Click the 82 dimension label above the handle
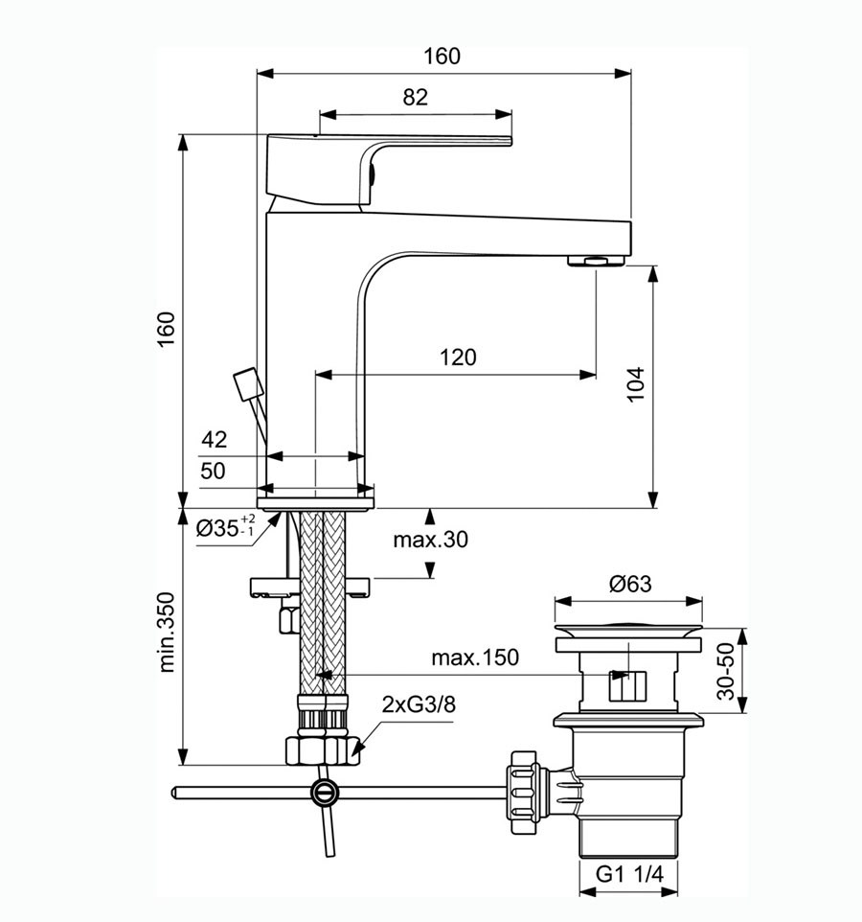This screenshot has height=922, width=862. point(415,97)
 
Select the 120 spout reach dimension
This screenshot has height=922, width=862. point(458,357)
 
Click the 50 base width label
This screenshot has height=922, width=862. point(214,471)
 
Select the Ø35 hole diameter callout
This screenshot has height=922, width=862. point(225,528)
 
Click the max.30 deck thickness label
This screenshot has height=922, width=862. point(430,540)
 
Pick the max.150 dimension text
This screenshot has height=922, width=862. point(474,657)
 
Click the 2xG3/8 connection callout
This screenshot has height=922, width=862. point(419,704)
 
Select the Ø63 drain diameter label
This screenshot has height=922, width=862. point(628,582)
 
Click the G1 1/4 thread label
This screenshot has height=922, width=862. point(629,874)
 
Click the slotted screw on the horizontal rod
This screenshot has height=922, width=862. point(324,792)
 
